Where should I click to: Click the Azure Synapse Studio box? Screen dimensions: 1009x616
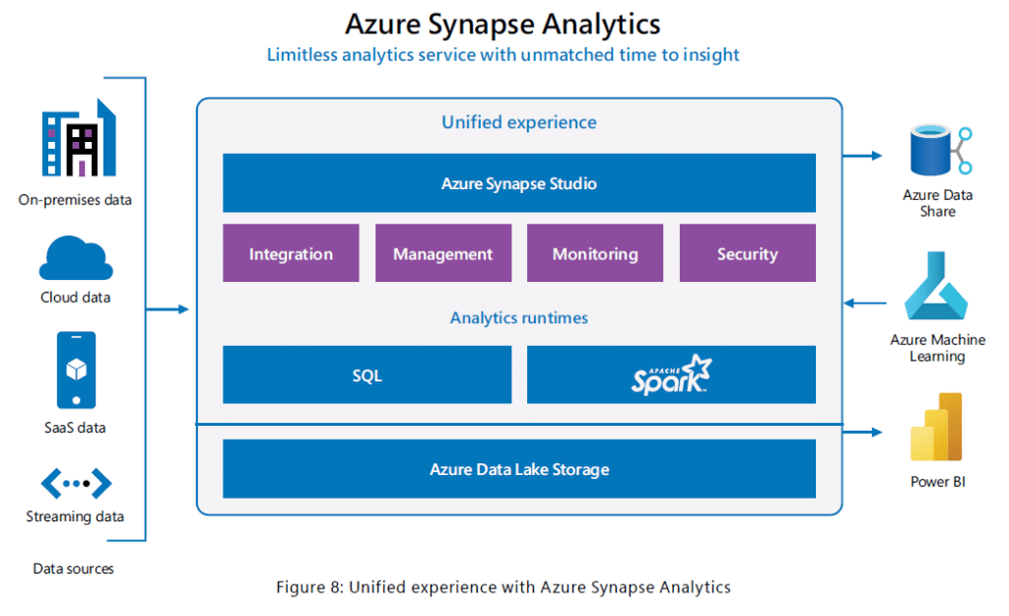coord(518,182)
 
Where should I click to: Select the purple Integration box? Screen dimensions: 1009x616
coord(291,253)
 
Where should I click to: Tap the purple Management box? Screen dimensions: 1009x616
coord(443,253)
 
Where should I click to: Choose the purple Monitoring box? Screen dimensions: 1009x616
coord(595,253)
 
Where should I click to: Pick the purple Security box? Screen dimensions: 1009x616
coord(748,253)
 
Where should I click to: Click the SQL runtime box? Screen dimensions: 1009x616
coord(367,375)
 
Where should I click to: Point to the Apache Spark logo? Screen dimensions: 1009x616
coord(671,375)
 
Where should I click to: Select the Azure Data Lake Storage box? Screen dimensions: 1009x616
coord(518,468)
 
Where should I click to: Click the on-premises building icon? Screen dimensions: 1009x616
coord(79,138)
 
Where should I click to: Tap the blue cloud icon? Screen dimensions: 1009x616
coord(76,258)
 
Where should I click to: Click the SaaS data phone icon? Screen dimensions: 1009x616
coord(76,371)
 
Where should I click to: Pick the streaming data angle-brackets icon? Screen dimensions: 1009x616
coord(76,483)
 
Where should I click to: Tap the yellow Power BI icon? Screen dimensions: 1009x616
coord(936,427)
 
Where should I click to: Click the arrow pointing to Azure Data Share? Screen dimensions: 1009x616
coord(862,156)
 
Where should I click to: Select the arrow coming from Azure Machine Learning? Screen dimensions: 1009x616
coord(865,303)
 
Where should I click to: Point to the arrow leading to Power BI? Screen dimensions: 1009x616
coord(862,432)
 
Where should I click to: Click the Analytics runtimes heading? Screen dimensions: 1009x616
coord(518,318)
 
